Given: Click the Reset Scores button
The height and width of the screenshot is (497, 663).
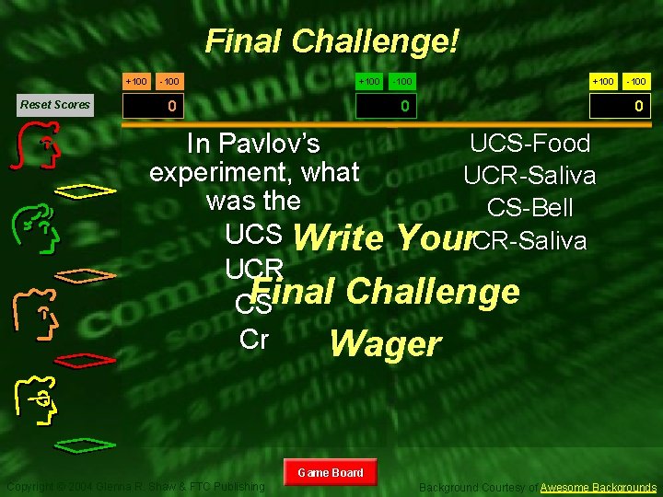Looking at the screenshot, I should coord(55,104).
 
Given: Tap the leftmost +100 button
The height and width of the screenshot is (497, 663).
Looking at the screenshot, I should coord(136,82).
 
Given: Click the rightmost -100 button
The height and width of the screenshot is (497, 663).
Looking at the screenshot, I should coord(637,82).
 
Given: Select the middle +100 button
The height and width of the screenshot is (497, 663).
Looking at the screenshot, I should coord(369,82).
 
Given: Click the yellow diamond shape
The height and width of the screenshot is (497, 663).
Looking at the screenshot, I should coord(84,191).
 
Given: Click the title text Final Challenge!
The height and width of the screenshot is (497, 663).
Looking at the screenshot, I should coord(331,41).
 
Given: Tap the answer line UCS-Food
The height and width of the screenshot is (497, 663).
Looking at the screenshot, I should coord(529,144).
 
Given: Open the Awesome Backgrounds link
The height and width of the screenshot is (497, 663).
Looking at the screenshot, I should coord(599,487).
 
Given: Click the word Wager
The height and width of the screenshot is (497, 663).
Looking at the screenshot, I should coord(385,343).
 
